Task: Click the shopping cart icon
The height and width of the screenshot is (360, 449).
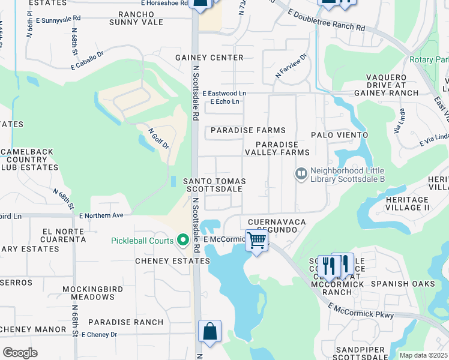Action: (x=257, y=241)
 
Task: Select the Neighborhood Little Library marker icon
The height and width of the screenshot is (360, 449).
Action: (x=300, y=174)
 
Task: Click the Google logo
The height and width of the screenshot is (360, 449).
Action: (x=20, y=352)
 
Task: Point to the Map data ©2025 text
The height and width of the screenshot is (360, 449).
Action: (x=423, y=355)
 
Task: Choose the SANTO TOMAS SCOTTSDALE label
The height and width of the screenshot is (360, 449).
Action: (x=213, y=185)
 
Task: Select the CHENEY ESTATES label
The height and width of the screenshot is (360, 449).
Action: (x=172, y=261)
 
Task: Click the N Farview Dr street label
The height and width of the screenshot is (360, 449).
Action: (x=291, y=65)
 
